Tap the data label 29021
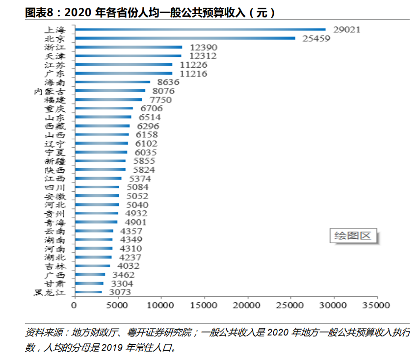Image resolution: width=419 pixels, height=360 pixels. (346, 29)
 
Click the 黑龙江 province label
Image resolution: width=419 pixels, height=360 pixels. (49, 293)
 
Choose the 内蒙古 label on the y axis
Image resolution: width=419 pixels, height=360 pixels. (49, 91)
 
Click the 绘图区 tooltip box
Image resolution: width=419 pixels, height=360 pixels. (352, 235)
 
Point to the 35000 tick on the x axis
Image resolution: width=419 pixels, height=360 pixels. (377, 305)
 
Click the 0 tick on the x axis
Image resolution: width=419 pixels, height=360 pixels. (74, 305)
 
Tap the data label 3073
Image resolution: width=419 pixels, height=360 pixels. (122, 293)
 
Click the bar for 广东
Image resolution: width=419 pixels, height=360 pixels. (123, 74)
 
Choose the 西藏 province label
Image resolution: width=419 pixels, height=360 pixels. (54, 126)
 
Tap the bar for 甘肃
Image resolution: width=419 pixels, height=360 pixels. (88, 283)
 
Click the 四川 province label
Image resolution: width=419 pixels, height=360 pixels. (54, 187)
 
